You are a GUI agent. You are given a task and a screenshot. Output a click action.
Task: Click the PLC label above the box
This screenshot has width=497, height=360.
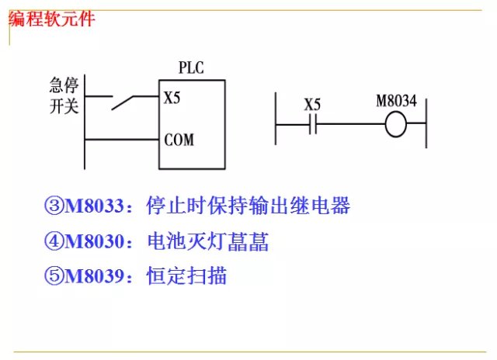[190, 68]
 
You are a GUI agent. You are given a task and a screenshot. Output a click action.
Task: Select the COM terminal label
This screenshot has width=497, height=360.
[179, 140]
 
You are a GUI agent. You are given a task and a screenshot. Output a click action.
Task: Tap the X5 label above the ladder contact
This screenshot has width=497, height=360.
[312, 104]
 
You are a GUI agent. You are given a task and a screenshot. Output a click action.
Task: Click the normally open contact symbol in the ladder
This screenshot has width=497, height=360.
[312, 124]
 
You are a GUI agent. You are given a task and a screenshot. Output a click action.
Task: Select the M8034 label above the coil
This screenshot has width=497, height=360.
[396, 102]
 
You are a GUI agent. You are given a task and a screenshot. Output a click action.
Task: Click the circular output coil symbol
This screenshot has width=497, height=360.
[396, 124]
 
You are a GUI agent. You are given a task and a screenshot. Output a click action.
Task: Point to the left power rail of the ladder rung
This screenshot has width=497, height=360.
[276, 120]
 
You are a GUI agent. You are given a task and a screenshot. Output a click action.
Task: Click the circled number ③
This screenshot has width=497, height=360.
[54, 207]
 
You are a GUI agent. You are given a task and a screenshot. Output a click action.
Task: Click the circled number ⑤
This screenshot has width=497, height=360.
[54, 275]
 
